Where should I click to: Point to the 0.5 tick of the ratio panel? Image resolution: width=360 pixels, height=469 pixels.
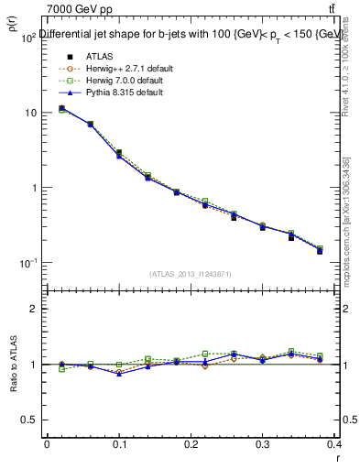tap(27, 420)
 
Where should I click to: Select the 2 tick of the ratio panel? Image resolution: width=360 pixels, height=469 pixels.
tap(32, 309)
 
